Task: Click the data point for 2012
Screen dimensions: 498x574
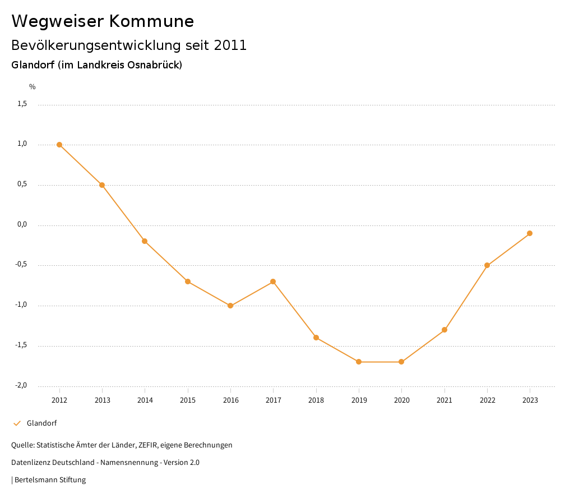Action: coord(59,145)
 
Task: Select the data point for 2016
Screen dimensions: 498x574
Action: coord(230,306)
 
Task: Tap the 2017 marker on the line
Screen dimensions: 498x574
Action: coord(273,282)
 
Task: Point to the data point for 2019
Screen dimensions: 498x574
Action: coord(359,362)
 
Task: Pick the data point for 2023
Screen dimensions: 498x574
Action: coord(530,233)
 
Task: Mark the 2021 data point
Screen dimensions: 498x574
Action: coord(445,330)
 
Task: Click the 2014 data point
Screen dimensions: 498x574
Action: coord(145,241)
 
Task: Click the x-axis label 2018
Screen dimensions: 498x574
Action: coord(316,400)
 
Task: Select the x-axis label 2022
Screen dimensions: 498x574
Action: coord(487,400)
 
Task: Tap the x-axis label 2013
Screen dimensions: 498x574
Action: coord(102,400)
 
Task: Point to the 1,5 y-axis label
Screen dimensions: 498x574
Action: coord(22,104)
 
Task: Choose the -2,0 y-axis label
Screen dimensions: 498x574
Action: coord(21,385)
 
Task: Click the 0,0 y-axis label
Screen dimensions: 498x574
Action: coord(22,224)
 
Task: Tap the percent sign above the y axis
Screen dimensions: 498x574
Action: coord(32,87)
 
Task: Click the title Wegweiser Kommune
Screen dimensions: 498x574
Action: coord(103,21)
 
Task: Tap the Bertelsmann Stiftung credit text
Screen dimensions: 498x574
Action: coord(50,480)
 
